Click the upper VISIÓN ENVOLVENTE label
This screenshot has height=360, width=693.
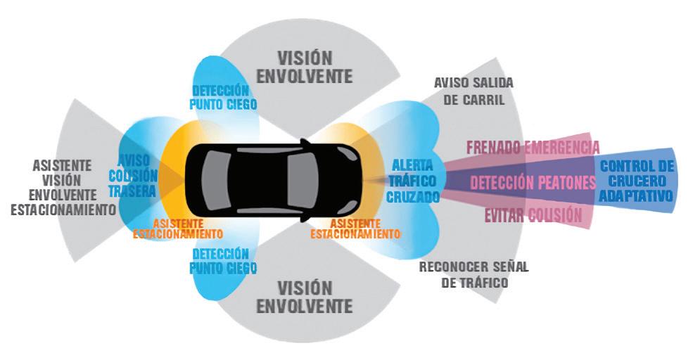point(304,66)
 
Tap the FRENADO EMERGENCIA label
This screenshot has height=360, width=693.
point(533,148)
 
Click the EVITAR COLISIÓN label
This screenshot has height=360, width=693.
point(532,214)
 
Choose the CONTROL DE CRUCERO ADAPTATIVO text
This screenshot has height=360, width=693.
point(636,181)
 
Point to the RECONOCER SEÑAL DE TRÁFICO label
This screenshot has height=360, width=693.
point(473,274)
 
